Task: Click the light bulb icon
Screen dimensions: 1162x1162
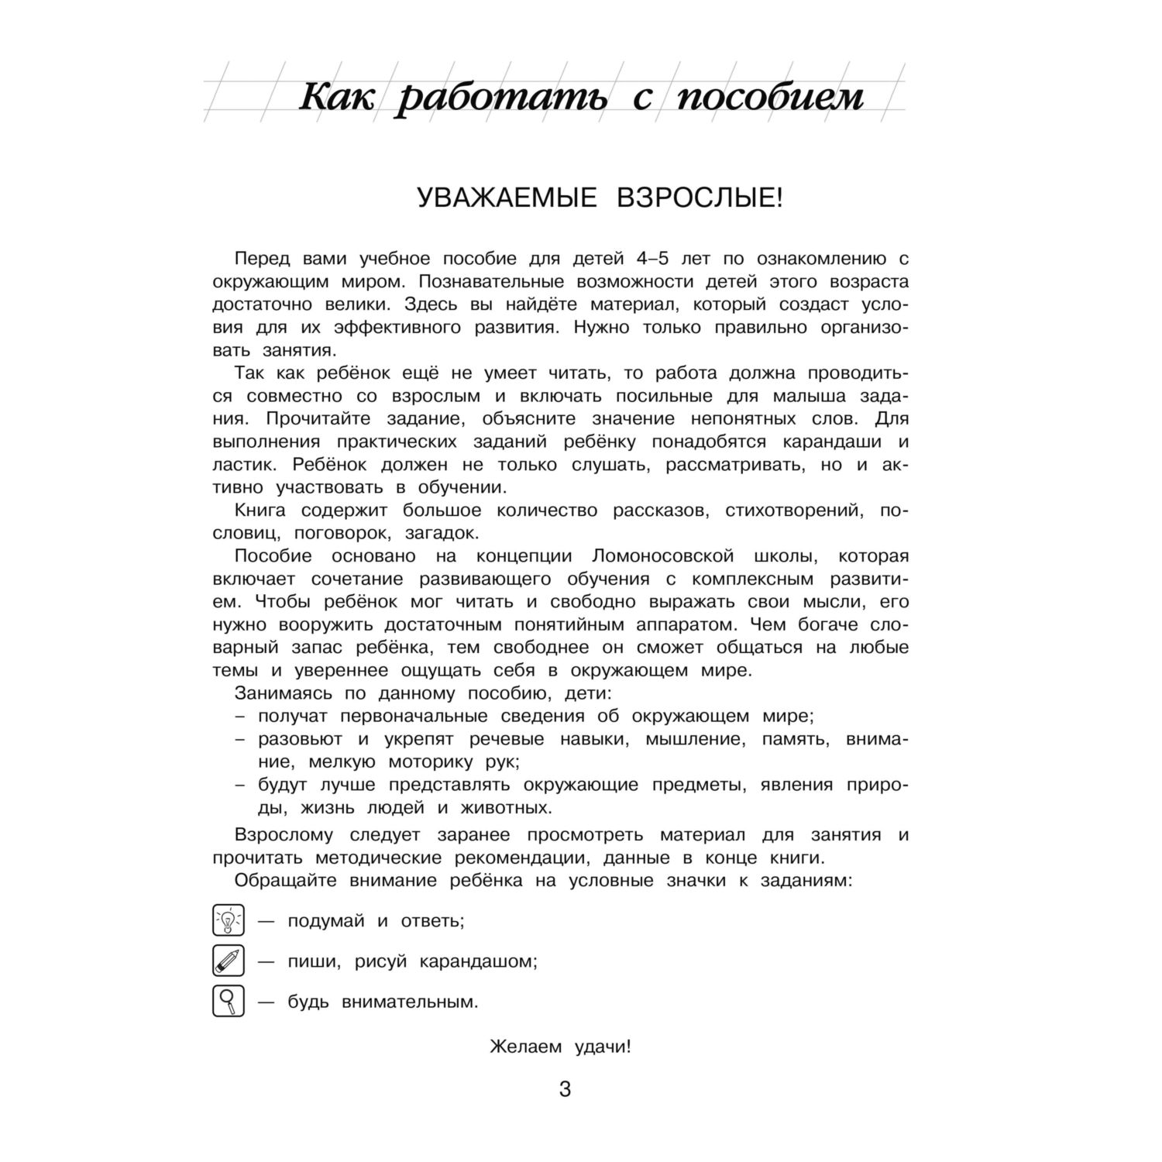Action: pyautogui.click(x=228, y=921)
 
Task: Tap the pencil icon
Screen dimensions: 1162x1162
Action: pyautogui.click(x=228, y=961)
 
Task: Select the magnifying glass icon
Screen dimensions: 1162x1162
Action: pyautogui.click(x=228, y=1002)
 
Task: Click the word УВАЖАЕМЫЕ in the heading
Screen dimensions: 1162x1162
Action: pyautogui.click(x=507, y=198)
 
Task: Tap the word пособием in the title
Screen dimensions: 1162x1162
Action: pyautogui.click(x=770, y=98)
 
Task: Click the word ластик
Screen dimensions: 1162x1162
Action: pyautogui.click(x=238, y=465)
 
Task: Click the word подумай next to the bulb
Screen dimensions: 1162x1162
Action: pyautogui.click(x=326, y=922)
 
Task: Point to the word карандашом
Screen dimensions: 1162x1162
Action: pyautogui.click(x=478, y=962)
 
